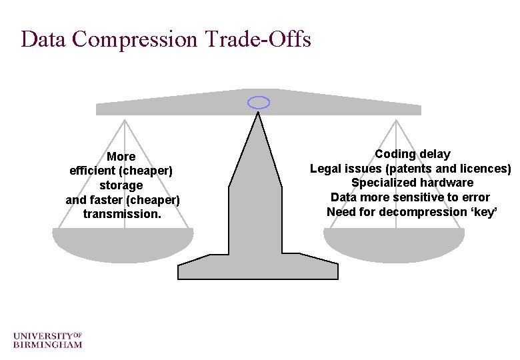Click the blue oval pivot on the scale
point(259,102)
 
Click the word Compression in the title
point(135,39)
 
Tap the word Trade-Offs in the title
point(257,39)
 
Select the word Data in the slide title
point(44,39)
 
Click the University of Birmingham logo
point(47,339)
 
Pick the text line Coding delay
point(412,154)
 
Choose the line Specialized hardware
point(412,183)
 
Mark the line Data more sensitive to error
point(410,197)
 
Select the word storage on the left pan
point(121,185)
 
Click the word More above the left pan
point(121,157)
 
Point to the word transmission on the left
point(122,214)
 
